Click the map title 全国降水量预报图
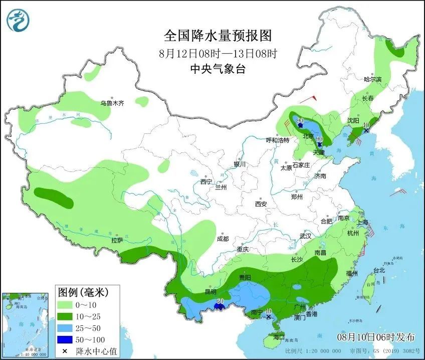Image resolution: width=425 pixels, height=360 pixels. click(218, 36)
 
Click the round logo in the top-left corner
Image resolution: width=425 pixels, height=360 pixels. click(19, 20)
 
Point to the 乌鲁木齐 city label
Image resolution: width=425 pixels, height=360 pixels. click(111, 103)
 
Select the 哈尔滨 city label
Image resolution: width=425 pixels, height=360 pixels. click(372, 80)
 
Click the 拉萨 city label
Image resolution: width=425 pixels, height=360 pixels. click(117, 241)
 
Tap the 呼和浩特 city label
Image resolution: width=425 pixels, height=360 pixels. click(277, 140)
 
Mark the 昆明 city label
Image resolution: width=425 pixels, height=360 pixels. click(210, 291)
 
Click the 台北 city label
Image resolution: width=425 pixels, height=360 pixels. click(379, 270)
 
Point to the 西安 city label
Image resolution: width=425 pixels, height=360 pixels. click(261, 204)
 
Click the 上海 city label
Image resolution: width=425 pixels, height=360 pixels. click(362, 222)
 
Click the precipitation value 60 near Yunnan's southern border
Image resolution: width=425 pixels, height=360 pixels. click(219, 301)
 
